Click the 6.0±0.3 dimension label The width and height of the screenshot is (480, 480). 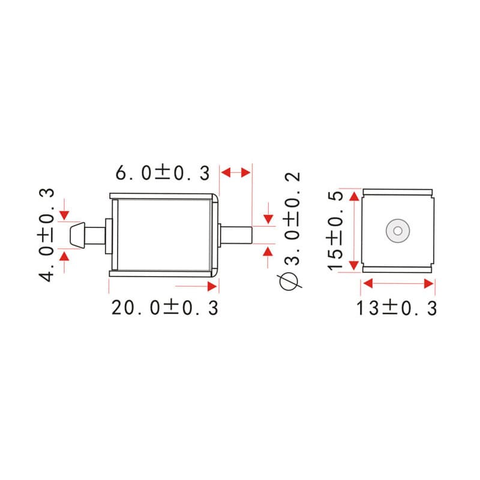pos(163,173)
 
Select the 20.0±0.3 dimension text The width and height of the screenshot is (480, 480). pos(164,308)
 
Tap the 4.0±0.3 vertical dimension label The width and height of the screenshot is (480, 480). pos(46,235)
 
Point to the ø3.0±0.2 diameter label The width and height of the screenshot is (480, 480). pos(291,230)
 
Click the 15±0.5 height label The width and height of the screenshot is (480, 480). pos(335,231)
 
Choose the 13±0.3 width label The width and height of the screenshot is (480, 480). pos(397,308)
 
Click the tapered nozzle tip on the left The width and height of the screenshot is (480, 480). pos(78,235)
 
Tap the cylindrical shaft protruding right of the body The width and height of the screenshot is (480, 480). pos(236,235)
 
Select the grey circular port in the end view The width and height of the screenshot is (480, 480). pos(398,230)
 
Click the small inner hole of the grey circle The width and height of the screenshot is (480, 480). pos(398,230)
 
